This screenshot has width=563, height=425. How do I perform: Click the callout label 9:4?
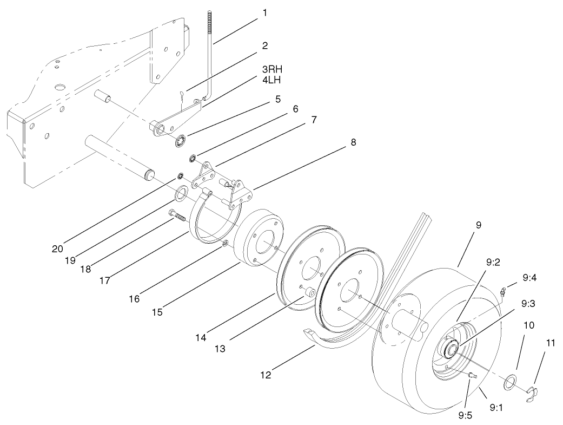click(x=530, y=278)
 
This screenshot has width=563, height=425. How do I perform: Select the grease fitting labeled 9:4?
click(x=502, y=292)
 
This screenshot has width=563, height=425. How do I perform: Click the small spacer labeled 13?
click(x=309, y=293)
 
